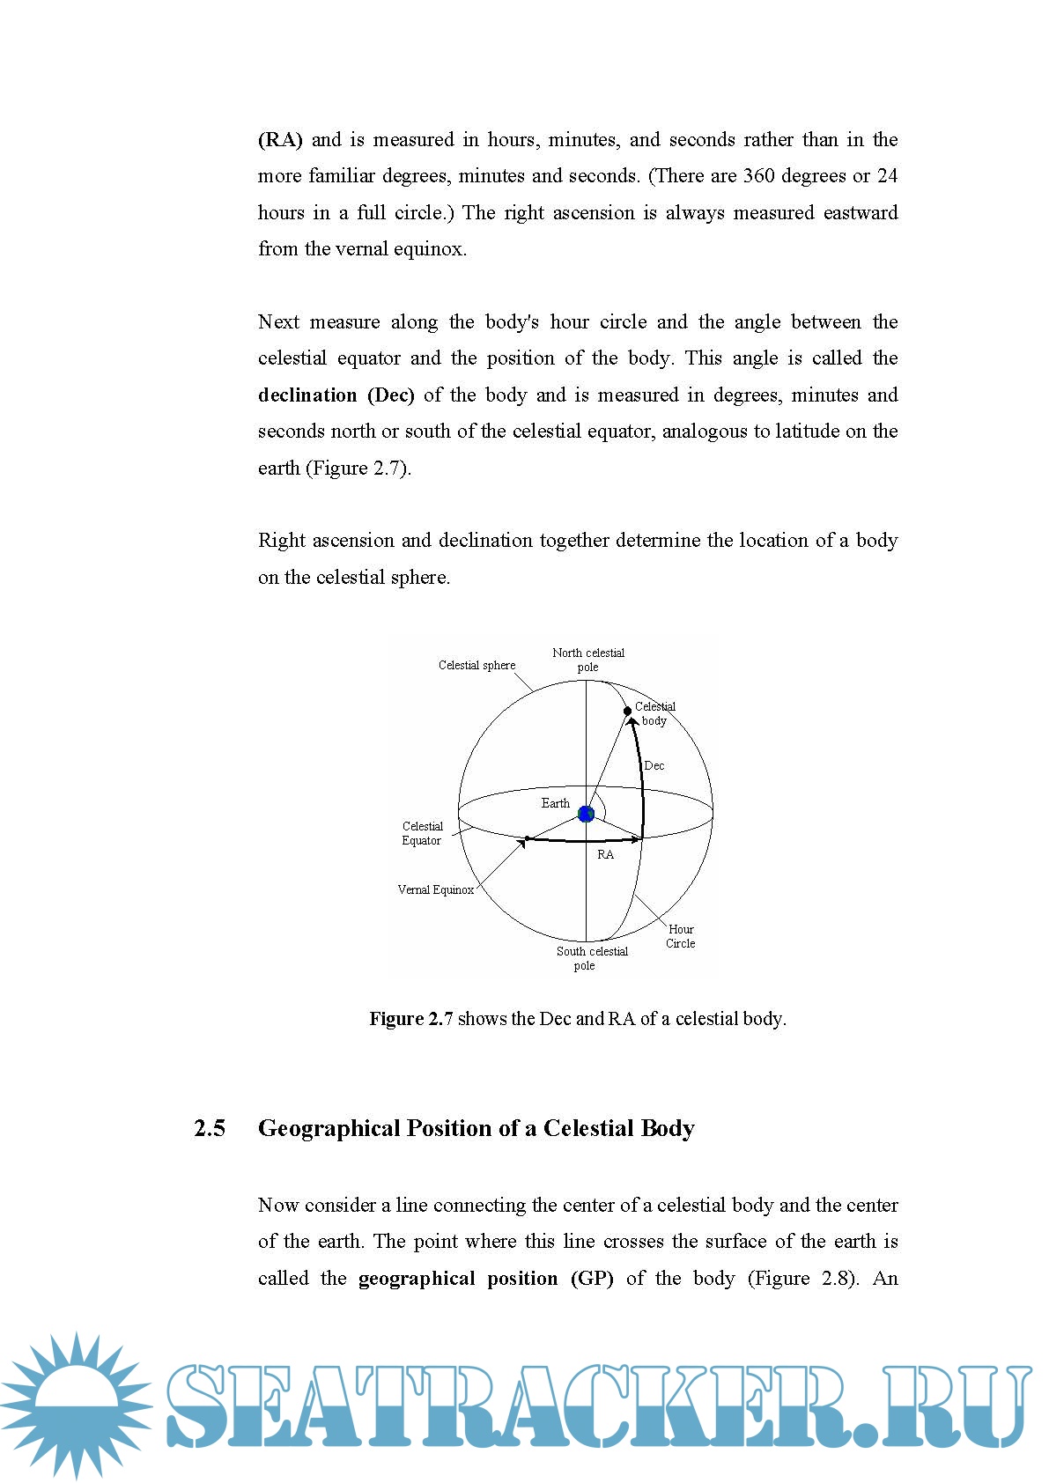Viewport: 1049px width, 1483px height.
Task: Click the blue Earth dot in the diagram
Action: (586, 815)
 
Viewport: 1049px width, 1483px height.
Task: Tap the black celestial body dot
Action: (627, 711)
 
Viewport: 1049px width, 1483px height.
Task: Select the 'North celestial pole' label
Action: (588, 660)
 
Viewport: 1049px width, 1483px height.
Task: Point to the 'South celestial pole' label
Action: (592, 958)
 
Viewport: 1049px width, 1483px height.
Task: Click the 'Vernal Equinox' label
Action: (435, 889)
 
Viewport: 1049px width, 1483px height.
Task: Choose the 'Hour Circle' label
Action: (681, 936)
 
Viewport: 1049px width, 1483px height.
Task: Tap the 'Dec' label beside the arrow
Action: (654, 765)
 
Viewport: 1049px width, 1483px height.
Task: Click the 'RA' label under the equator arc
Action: (606, 855)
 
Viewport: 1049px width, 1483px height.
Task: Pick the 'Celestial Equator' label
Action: (422, 833)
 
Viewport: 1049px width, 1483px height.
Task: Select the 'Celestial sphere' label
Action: (476, 665)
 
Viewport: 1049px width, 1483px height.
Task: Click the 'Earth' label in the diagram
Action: (555, 803)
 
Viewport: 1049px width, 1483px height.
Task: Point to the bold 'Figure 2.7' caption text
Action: (411, 1019)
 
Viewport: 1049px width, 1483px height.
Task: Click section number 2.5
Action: (210, 1128)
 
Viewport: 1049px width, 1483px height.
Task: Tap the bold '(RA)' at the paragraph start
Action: (280, 139)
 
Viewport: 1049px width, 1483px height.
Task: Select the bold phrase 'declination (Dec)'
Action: (336, 395)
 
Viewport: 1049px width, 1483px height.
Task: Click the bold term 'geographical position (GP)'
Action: (485, 1278)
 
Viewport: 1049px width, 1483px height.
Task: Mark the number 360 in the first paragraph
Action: (758, 176)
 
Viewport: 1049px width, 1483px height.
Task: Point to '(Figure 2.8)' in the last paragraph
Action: (802, 1278)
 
